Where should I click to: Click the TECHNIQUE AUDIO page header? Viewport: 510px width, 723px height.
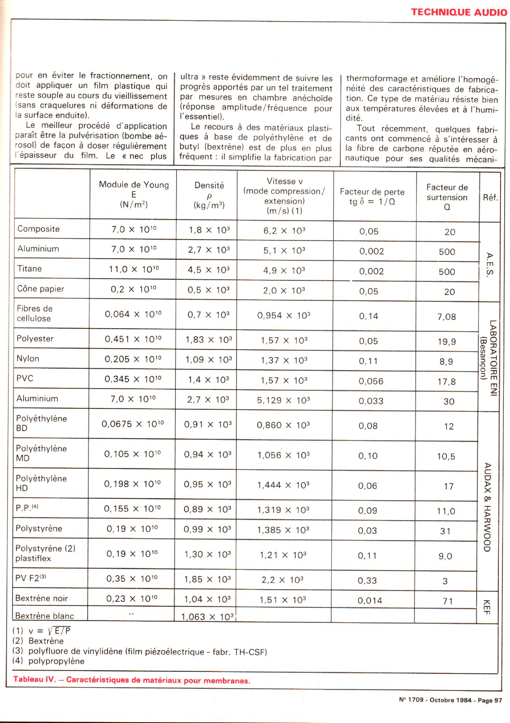pos(459,12)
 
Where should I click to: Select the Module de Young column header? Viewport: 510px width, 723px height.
pos(134,194)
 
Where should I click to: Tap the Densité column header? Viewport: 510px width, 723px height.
pos(209,195)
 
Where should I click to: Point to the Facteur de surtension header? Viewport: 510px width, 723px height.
pos(447,197)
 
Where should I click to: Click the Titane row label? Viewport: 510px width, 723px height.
pos(30,269)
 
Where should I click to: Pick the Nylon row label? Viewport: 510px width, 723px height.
pos(28,359)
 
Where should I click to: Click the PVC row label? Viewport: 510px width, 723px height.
pos(25,379)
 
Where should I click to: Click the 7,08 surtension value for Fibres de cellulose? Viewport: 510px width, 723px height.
pos(447,317)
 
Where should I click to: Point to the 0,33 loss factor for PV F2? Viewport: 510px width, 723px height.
pos(367,580)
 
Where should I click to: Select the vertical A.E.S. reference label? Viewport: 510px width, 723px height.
pos(490,264)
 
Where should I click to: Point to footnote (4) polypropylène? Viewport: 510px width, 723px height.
pos(49,661)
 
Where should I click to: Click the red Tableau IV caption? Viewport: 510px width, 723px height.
pos(132,680)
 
